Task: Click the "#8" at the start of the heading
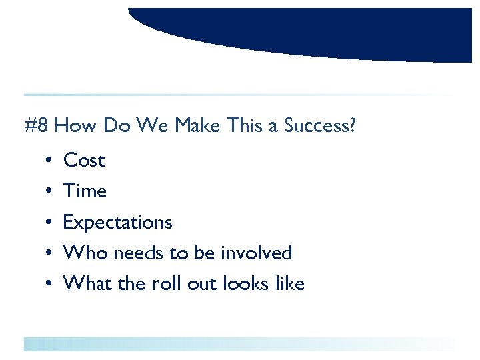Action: click(x=36, y=125)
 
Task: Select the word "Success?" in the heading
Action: click(x=319, y=125)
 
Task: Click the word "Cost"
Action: click(x=84, y=161)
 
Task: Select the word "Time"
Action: click(x=85, y=191)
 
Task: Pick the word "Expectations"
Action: click(x=117, y=223)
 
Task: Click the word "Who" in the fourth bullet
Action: click(x=85, y=253)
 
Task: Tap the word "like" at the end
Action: click(x=290, y=284)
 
